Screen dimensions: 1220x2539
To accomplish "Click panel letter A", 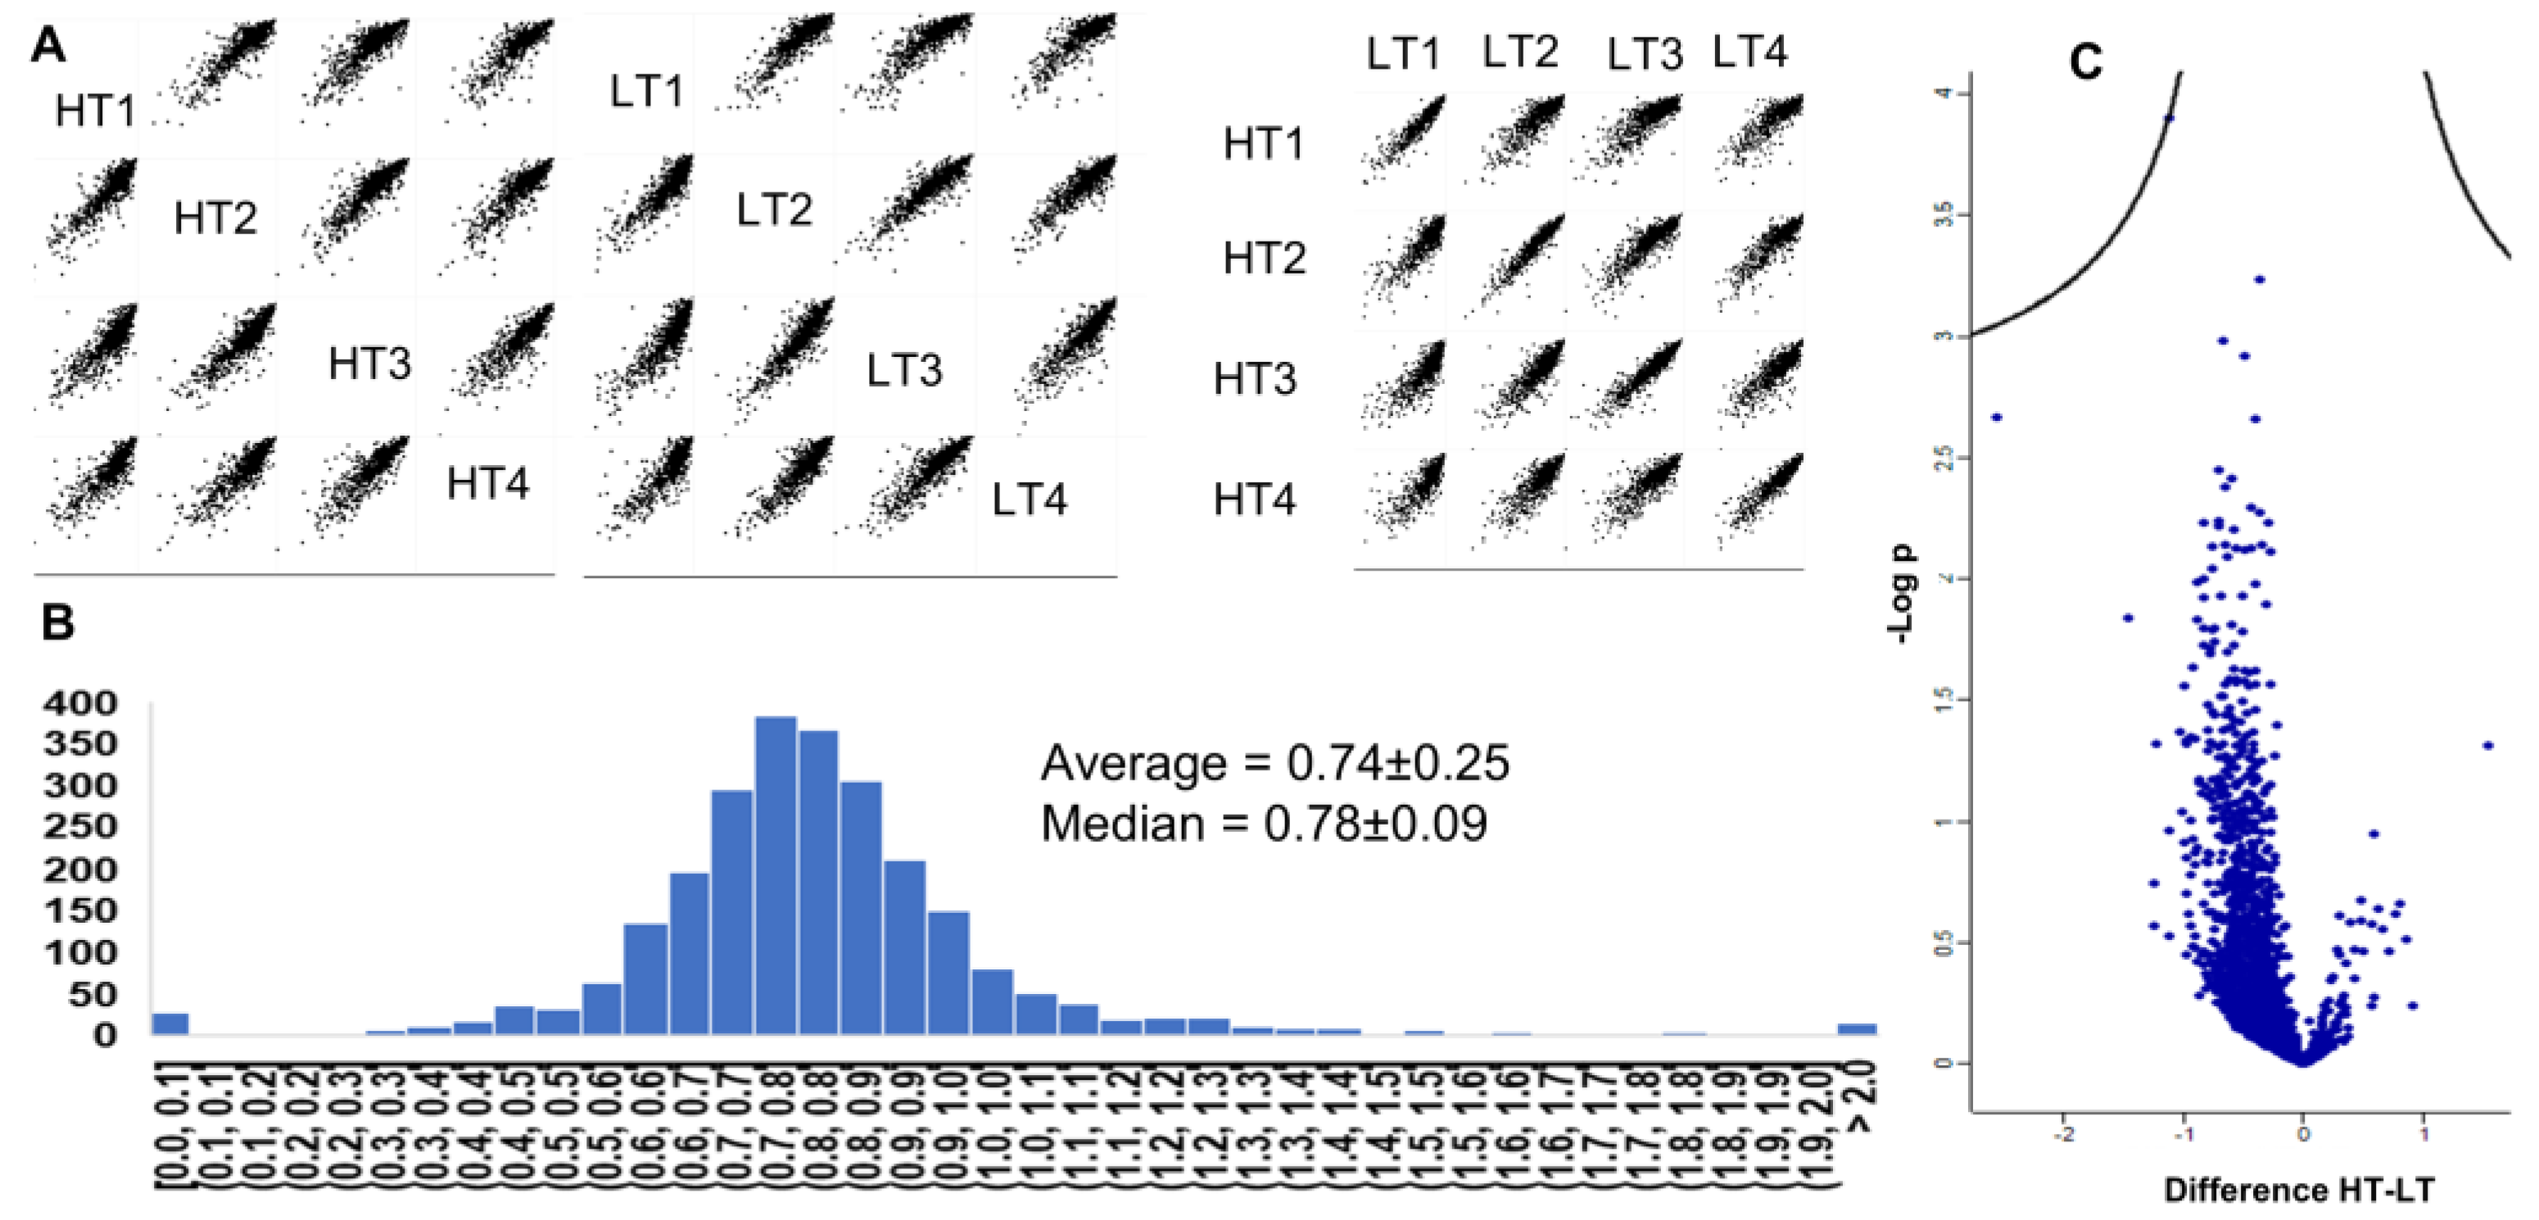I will (48, 45).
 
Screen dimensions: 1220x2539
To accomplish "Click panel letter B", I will (58, 623).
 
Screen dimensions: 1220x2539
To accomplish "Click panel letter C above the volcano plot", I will (2085, 63).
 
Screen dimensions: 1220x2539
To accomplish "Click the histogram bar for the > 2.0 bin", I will (1857, 1029).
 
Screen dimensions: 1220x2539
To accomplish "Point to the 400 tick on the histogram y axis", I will (81, 703).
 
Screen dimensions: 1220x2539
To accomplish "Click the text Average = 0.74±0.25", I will (1274, 763).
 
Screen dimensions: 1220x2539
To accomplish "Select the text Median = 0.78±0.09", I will (1264, 824).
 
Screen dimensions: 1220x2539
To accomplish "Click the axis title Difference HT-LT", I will (2298, 1190).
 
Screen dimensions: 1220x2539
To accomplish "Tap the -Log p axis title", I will (1904, 594).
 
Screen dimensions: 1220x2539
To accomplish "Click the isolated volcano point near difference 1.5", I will (2487, 746).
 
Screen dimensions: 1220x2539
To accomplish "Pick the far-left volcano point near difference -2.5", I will (1997, 418).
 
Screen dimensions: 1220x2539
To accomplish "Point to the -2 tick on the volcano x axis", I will (2064, 1134).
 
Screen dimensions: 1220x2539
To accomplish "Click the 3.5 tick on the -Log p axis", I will (1944, 215).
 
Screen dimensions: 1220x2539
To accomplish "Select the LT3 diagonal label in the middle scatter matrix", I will (904, 371).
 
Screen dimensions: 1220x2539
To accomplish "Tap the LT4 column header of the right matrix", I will (1749, 52).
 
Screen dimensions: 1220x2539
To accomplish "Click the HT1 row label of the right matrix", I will (1263, 144).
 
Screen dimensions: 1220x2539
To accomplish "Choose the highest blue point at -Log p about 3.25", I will (2260, 280).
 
